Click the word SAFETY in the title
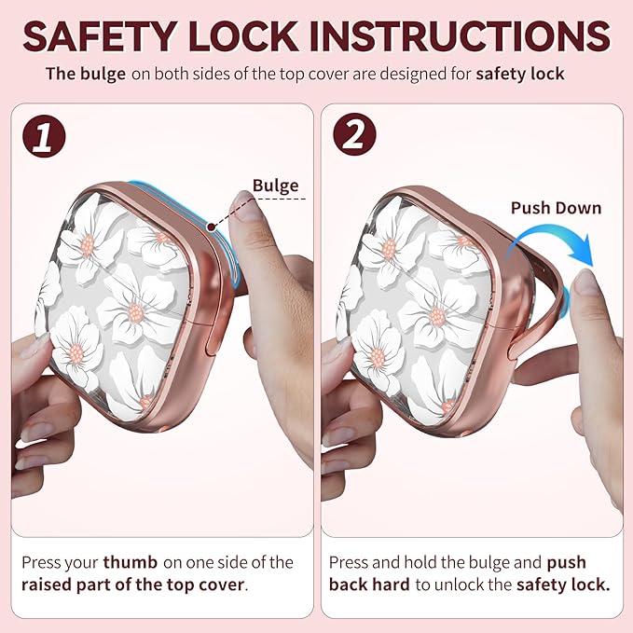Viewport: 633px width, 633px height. click(x=100, y=36)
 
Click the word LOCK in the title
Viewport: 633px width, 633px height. click(x=243, y=36)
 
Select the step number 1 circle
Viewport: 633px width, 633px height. click(x=44, y=136)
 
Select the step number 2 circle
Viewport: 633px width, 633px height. click(x=354, y=134)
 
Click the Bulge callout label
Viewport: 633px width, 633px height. click(x=275, y=186)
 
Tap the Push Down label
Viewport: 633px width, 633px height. click(x=556, y=208)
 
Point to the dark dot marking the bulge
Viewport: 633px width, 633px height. click(x=211, y=227)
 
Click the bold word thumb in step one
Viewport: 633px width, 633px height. click(x=130, y=562)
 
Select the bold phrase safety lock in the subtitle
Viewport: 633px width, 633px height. click(x=520, y=75)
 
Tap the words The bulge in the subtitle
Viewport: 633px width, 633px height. click(x=86, y=75)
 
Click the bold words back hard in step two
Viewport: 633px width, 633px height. click(x=369, y=585)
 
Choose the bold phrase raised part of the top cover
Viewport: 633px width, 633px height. click(x=132, y=585)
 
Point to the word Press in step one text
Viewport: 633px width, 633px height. click(x=39, y=562)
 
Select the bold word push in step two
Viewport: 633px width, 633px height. click(x=566, y=563)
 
